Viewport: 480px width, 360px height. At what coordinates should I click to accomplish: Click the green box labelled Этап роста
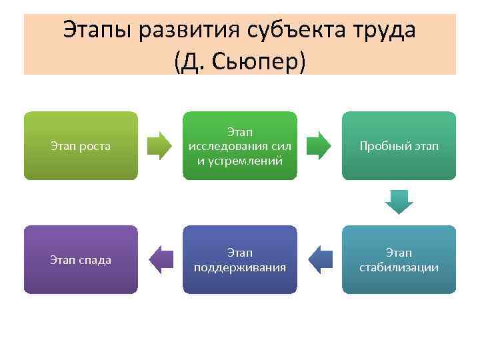tap(81, 145)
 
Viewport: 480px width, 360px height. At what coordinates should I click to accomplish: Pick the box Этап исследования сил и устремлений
tap(240, 145)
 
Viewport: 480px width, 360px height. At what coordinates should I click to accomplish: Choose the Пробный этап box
tap(399, 145)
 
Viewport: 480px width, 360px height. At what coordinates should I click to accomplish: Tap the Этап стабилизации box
tap(399, 260)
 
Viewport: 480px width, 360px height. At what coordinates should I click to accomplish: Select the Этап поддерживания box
tap(240, 260)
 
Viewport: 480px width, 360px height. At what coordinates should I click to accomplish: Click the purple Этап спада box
tap(81, 260)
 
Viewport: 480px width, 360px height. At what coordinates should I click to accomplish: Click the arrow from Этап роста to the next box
tap(159, 145)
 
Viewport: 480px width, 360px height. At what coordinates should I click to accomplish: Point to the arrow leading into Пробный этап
tap(319, 145)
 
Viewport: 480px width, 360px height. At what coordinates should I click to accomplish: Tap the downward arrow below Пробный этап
tap(399, 201)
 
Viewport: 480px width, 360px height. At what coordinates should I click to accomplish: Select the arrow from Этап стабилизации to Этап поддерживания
tap(321, 260)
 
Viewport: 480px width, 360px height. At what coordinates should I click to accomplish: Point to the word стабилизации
tap(399, 267)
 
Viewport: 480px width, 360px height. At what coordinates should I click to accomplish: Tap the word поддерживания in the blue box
tap(240, 267)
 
